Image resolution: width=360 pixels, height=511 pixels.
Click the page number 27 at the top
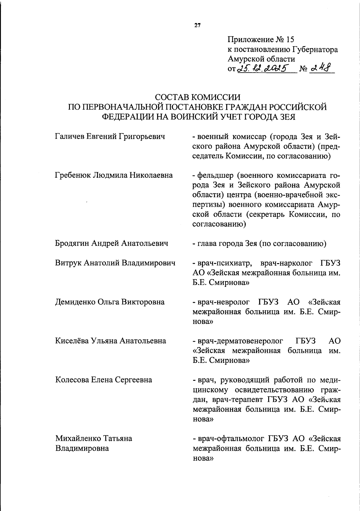click(197, 25)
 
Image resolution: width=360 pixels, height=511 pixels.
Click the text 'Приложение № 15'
click(261, 40)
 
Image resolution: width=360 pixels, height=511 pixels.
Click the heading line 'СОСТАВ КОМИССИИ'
click(197, 97)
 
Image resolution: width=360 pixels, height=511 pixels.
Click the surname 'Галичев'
click(70, 137)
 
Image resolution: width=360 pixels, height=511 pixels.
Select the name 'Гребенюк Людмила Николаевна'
click(114, 175)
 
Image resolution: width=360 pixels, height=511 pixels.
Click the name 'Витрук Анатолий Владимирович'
click(115, 263)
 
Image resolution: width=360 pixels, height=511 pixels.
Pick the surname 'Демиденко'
click(75, 302)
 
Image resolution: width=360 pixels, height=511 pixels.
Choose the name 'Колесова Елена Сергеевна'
click(103, 380)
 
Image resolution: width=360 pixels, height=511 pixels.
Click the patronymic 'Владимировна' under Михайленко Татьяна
click(82, 448)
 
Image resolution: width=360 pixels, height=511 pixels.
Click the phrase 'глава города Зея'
click(227, 243)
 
